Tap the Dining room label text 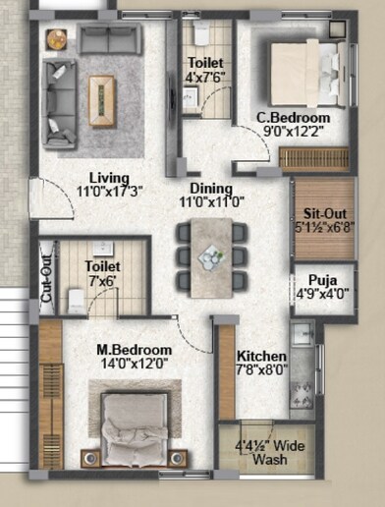(x=205, y=189)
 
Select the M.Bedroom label (x=134, y=350)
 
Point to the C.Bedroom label (x=293, y=119)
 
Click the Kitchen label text (x=261, y=356)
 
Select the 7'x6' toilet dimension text (x=101, y=280)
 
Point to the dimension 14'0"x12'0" (x=134, y=364)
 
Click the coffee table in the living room (x=103, y=94)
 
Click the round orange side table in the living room (x=56, y=39)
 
